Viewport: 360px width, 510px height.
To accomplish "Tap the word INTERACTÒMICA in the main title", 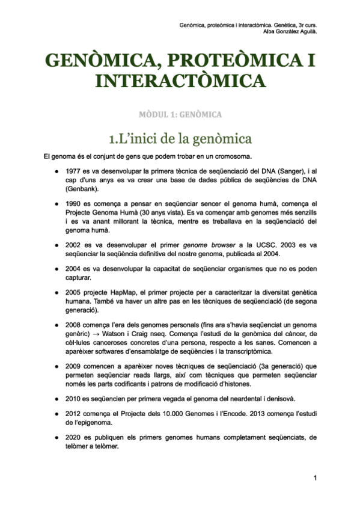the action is click(x=180, y=81).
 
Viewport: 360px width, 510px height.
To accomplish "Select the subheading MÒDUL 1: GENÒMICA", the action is click(x=180, y=114).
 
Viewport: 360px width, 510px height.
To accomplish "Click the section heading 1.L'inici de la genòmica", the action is click(x=180, y=139).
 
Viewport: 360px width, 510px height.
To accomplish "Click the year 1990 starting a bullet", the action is click(x=74, y=204).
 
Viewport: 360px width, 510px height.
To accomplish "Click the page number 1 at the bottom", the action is click(x=314, y=478).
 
